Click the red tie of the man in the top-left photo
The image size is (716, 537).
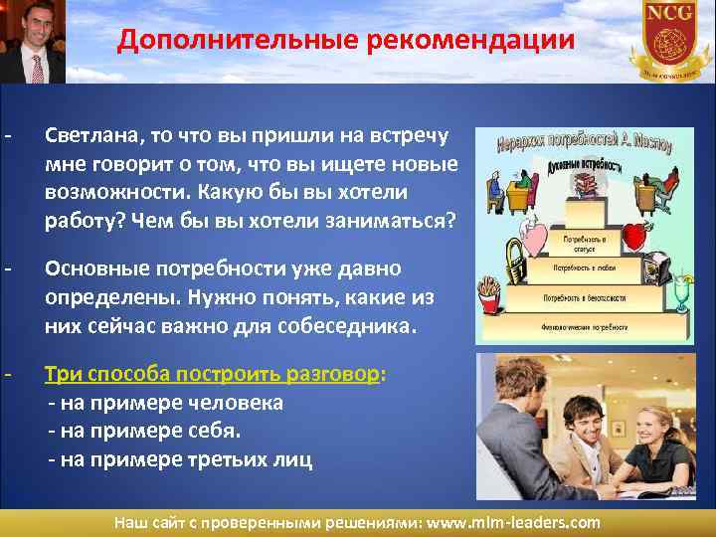[x=37, y=68]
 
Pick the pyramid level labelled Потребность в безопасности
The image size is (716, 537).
[x=583, y=297]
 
